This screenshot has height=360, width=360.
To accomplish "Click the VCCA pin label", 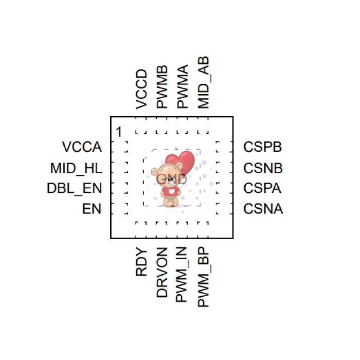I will (x=82, y=147).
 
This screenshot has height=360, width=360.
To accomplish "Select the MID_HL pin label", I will (x=76, y=168).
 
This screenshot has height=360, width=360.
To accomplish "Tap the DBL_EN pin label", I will (x=74, y=189).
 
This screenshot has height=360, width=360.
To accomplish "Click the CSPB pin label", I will (x=263, y=147).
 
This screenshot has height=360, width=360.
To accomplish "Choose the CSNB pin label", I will (x=263, y=168).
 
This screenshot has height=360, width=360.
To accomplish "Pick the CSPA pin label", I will (x=263, y=189).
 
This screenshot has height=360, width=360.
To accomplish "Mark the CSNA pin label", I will (x=263, y=209).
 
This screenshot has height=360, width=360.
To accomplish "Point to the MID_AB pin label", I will (x=204, y=83).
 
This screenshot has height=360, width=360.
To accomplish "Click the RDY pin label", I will (x=141, y=262).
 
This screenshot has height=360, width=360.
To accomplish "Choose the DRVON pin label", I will (x=162, y=273).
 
